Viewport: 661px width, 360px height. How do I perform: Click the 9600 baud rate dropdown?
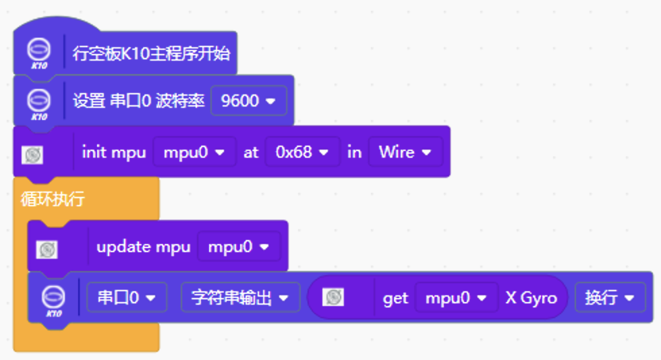coord(248,101)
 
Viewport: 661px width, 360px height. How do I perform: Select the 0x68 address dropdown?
coord(301,152)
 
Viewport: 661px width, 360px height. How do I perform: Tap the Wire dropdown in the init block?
coord(405,152)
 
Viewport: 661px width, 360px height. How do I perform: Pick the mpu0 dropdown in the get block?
coord(451,297)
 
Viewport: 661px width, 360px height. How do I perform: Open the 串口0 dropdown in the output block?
coord(127,297)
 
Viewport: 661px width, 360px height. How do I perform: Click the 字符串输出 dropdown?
coord(240,297)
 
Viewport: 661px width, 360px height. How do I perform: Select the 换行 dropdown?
coord(610,297)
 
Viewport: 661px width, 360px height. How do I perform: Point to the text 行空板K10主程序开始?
coord(151,53)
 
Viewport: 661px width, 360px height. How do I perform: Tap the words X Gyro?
coord(531,297)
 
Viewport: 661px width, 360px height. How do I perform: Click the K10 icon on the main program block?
coord(39,52)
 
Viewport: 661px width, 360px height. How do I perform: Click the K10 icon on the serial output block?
coord(53,299)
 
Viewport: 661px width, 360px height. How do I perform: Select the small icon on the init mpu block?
coord(32,155)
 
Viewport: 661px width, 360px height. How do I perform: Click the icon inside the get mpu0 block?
coord(333,297)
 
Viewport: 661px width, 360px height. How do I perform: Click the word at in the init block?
coord(251,152)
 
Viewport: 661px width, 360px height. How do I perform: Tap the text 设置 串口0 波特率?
coord(138,101)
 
